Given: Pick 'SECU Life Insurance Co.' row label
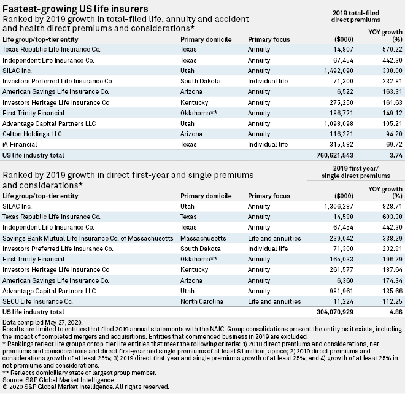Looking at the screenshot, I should click(x=38, y=301).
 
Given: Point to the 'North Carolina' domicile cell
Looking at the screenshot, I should click(x=205, y=301).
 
